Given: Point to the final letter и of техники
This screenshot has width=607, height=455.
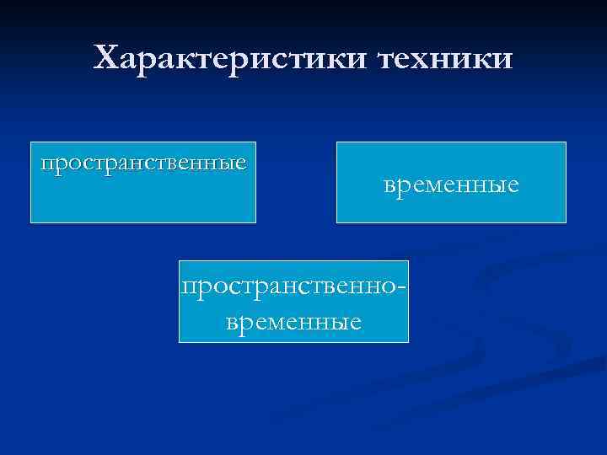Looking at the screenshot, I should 502,59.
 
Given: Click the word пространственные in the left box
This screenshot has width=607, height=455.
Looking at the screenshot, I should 143,161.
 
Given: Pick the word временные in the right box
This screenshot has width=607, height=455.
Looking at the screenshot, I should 451,183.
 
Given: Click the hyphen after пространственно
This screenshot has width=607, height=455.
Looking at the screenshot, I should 404,289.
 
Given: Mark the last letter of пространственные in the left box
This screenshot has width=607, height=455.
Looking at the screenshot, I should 241,162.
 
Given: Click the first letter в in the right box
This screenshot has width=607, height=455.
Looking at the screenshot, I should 389,184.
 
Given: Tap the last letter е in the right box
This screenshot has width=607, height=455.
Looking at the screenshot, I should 513,184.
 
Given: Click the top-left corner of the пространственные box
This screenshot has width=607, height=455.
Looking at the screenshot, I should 31,142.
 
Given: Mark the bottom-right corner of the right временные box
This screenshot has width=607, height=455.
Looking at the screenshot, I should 566,222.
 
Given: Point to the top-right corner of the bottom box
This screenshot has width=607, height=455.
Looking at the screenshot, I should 408,261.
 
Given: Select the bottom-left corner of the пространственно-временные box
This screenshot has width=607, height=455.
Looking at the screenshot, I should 180,342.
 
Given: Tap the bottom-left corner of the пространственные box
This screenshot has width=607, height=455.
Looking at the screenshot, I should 31,222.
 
